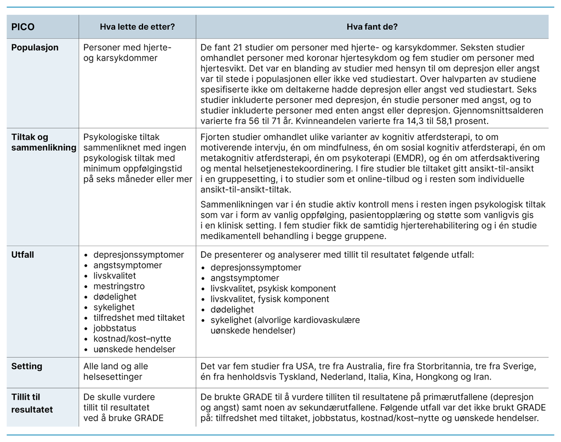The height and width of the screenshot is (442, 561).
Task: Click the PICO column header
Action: point(23,26)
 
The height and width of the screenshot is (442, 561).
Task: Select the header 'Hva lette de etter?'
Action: point(138,26)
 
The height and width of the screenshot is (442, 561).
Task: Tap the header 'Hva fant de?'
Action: point(372,26)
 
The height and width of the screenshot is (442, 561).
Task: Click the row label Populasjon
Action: point(35,47)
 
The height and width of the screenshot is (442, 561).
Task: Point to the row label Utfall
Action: point(24,254)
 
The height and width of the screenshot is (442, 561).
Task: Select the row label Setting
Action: point(27,366)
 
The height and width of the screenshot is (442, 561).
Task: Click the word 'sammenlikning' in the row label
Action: point(44,148)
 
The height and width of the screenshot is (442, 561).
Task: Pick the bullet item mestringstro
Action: point(119,286)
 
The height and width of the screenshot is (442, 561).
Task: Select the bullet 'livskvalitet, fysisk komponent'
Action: point(270,299)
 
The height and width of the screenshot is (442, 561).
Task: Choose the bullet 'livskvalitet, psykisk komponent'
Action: point(273,288)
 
